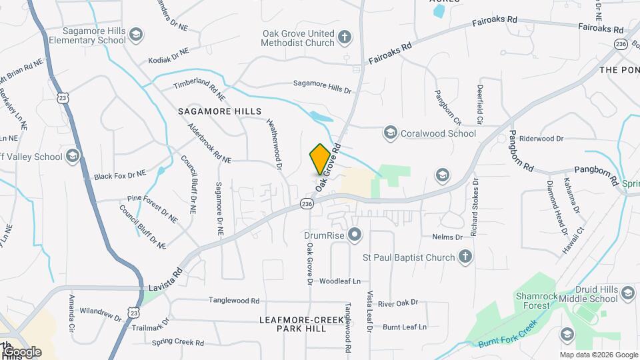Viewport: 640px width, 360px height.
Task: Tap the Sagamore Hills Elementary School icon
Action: (136, 35)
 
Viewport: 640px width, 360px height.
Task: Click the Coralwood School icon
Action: (389, 133)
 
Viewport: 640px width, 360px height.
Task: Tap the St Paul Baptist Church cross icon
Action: (465, 257)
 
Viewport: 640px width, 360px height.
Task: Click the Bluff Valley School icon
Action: (72, 157)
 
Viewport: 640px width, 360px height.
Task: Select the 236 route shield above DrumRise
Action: (307, 203)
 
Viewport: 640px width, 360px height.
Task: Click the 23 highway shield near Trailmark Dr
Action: (134, 311)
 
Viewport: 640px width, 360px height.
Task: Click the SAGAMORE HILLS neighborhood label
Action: (219, 111)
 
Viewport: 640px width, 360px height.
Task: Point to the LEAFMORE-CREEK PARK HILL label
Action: (293, 325)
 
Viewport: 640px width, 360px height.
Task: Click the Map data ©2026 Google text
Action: (598, 355)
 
